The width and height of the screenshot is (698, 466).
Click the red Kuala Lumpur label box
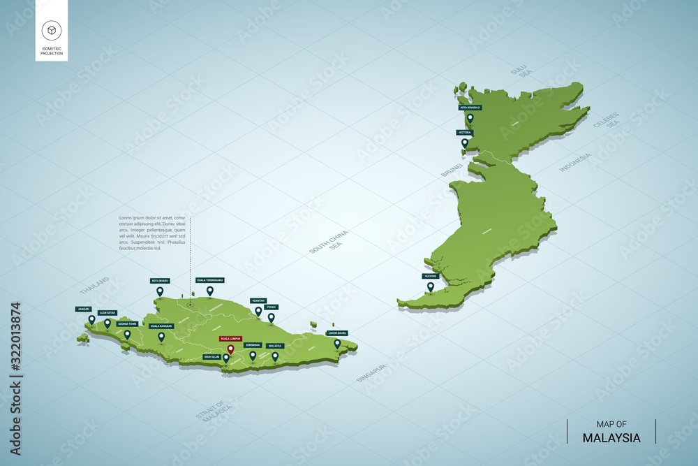click(230, 338)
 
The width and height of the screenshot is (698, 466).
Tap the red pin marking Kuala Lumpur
click(230, 349)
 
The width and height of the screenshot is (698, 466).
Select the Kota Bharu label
click(160, 281)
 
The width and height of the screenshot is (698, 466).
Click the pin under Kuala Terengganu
click(209, 290)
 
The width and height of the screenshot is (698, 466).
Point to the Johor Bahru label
click(337, 333)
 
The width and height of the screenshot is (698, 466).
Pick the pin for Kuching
click(430, 286)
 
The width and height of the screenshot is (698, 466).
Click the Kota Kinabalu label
click(470, 108)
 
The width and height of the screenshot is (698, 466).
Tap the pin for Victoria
click(465, 143)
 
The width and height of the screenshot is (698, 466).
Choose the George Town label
click(127, 324)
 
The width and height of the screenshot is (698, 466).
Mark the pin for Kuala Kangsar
click(161, 336)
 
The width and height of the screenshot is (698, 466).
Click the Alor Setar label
click(107, 313)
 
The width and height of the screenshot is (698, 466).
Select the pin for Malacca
click(275, 356)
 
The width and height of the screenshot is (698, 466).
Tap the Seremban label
click(253, 345)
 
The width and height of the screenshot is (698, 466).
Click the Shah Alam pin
click(225, 358)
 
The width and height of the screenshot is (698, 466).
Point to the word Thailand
click(94, 285)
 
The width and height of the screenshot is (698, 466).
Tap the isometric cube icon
click(52, 29)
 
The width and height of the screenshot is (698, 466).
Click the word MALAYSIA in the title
click(611, 438)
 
